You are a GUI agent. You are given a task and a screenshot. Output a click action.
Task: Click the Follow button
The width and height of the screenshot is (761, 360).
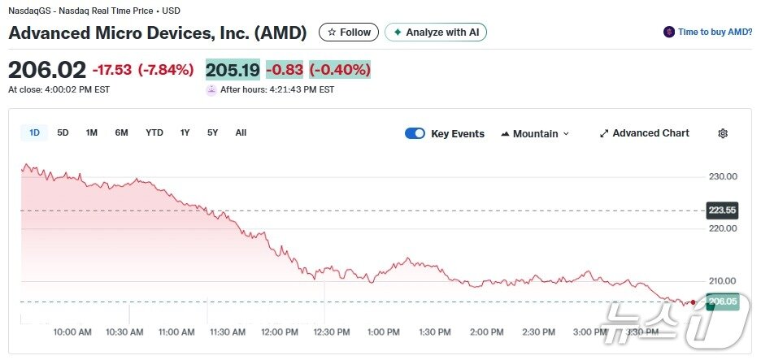click(349, 33)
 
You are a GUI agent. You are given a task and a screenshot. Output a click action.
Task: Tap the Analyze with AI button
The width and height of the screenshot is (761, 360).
click(436, 33)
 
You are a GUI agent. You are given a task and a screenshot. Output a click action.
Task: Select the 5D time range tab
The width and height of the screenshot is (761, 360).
click(63, 132)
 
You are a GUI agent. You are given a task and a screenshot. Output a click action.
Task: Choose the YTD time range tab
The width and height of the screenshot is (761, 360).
click(154, 132)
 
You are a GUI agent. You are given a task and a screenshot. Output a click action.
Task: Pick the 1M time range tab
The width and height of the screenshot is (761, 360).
click(92, 132)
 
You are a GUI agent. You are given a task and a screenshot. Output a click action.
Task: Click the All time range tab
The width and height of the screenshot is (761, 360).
click(241, 132)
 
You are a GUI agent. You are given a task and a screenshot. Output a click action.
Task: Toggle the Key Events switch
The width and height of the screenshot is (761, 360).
click(415, 134)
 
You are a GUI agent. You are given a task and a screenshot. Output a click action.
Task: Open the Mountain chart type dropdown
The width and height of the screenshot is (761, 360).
click(535, 134)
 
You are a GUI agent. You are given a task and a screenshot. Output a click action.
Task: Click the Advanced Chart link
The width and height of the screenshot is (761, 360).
click(644, 133)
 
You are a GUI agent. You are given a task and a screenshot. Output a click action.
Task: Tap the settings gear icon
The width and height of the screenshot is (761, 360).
click(723, 134)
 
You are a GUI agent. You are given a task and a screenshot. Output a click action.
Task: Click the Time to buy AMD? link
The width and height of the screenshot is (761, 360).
click(707, 33)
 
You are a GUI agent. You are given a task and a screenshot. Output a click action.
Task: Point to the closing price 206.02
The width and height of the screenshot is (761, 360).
click(46, 70)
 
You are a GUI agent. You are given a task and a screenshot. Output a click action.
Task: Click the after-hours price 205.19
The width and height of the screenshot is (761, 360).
click(233, 70)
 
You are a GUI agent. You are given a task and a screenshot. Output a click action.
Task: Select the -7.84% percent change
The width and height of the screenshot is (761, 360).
click(166, 70)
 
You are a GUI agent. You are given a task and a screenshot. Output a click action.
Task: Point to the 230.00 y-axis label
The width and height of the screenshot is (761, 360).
click(722, 176)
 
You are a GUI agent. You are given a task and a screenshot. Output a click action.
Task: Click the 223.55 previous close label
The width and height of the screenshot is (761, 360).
click(722, 210)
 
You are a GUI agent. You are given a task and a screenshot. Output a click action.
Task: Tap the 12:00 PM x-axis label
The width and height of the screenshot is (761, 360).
click(279, 332)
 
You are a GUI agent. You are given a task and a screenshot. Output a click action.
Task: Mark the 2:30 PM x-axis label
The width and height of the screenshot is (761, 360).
click(539, 332)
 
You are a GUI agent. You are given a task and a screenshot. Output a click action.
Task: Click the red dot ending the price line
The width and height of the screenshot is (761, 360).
click(693, 301)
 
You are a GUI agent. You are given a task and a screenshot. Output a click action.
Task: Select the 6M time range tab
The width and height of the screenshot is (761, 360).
click(121, 132)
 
